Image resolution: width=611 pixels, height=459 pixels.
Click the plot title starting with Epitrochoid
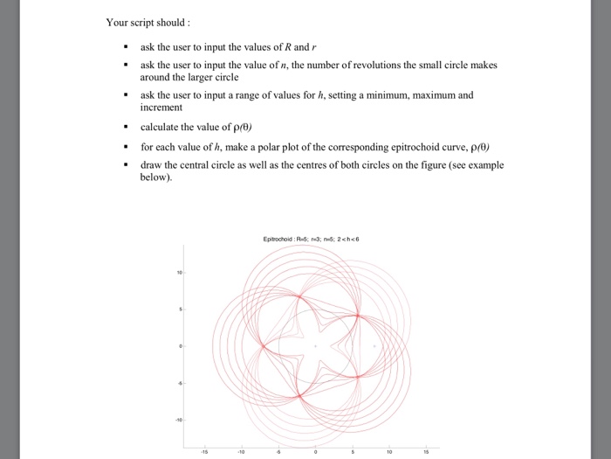click(x=316, y=238)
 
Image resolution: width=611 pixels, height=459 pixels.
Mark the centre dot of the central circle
click(x=317, y=346)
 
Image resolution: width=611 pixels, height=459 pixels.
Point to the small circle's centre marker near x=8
click(x=376, y=346)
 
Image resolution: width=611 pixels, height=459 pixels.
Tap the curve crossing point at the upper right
click(x=358, y=315)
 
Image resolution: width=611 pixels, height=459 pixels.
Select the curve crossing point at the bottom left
click(x=299, y=396)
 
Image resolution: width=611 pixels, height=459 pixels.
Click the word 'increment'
click(x=161, y=108)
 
